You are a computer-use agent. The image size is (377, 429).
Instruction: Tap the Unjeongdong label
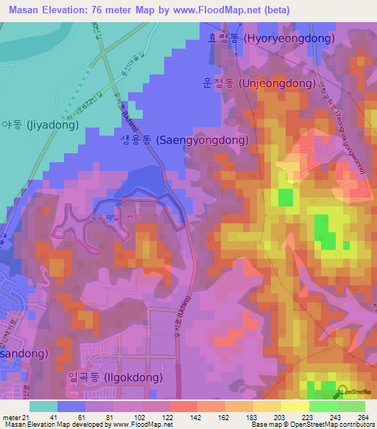click(264, 83)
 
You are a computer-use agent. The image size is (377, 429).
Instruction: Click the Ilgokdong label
click(121, 377)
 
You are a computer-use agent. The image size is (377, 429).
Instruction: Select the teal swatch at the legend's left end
click(43, 406)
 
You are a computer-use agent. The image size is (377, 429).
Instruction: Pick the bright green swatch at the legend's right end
click(351, 406)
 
